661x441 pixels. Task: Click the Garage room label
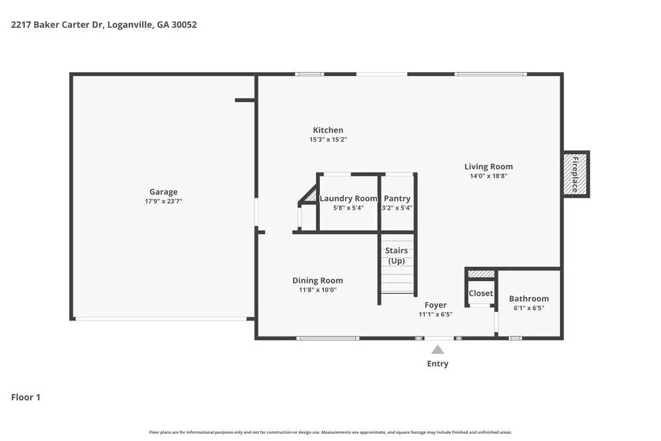pos(163,192)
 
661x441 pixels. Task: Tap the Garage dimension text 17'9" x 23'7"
pos(163,201)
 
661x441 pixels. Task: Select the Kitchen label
pos(328,130)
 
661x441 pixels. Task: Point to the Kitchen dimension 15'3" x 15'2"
pos(328,140)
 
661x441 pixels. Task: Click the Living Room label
pos(488,167)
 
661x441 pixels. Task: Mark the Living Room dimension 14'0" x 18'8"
pos(488,176)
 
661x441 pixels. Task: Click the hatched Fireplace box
pos(574,175)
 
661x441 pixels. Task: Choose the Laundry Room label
pos(348,198)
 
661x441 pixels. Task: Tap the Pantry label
pos(397,198)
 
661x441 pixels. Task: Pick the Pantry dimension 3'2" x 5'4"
pos(397,208)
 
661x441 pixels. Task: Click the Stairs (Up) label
pos(397,256)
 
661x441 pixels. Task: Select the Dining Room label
pos(318,280)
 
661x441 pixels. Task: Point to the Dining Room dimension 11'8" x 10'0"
pos(318,290)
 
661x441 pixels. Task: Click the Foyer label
pos(436,305)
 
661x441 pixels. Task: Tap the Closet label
pos(481,293)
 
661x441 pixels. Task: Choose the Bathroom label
pos(529,299)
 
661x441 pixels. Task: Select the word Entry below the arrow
pos(438,364)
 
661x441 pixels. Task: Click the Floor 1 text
pos(26,397)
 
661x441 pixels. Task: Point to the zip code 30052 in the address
pos(183,25)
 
